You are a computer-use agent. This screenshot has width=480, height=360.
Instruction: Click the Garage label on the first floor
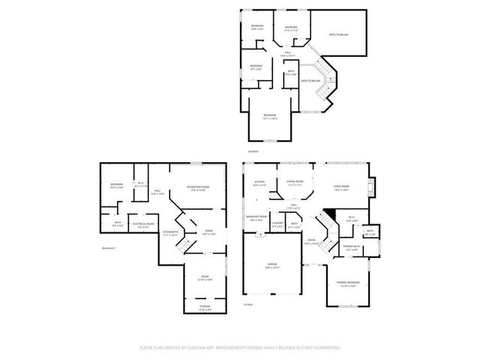[271, 266]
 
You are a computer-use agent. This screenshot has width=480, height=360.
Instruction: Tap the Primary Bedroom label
[349, 283]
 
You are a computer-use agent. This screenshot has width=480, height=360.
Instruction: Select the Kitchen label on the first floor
[259, 182]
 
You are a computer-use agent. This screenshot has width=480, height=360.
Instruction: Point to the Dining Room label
[295, 181]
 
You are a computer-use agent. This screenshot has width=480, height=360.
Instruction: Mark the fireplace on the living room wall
[375, 186]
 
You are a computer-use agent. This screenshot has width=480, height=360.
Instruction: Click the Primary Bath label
[351, 247]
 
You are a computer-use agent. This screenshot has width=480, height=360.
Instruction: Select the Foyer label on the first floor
[310, 241]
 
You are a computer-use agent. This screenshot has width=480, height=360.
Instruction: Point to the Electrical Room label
[143, 224]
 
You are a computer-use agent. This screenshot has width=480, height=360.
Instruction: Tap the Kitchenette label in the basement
[171, 233]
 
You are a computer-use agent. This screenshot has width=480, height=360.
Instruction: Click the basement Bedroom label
[117, 186]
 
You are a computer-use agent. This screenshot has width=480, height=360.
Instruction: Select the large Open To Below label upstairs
[338, 34]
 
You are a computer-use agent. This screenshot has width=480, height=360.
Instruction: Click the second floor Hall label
[287, 53]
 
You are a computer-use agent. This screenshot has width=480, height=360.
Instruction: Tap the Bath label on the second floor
[292, 73]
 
